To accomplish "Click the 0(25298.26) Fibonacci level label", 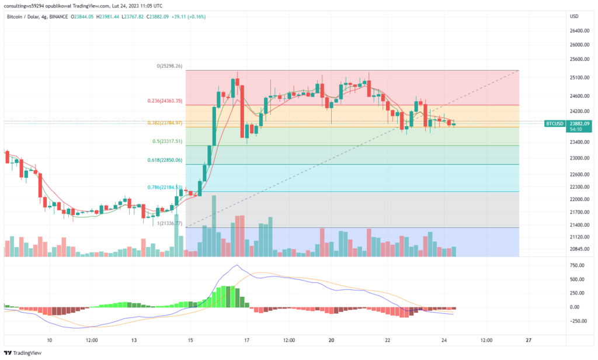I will point(170,66).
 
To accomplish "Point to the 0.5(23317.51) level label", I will point(168,141).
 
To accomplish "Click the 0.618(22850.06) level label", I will point(166,160).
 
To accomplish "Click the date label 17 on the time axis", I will point(247,340).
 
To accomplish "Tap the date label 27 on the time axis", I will point(528,340).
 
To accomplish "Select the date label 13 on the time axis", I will point(134,340).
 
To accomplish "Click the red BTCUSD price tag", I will point(554,123).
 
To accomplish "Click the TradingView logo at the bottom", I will point(19,353).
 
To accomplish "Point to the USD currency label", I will point(574,16).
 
